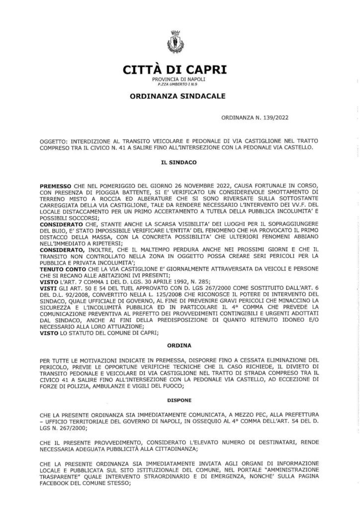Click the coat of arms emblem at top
(x=175, y=40)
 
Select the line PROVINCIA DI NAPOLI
(x=175, y=80)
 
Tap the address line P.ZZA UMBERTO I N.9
(x=175, y=85)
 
